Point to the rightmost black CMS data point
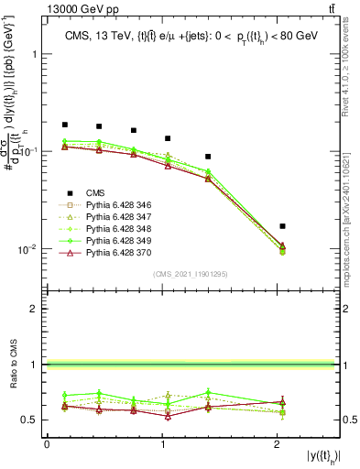point(282,225)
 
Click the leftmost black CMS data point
point(65,125)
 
